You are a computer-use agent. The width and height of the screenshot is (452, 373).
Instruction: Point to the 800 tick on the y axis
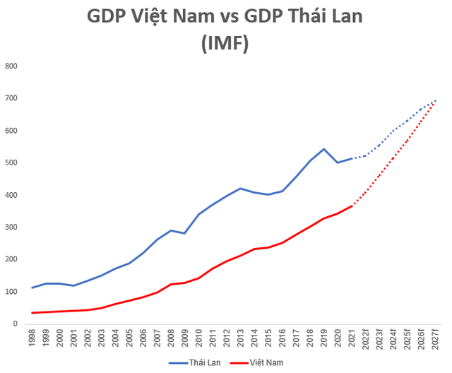(11, 66)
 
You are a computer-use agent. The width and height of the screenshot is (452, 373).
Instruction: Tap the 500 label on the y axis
(11, 163)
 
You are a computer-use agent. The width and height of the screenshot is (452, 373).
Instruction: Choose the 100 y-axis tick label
(11, 292)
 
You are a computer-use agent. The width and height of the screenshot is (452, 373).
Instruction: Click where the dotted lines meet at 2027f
(435, 101)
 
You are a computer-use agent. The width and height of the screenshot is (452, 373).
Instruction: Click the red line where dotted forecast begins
(352, 206)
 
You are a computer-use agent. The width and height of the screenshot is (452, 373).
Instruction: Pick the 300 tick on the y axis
(11, 227)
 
